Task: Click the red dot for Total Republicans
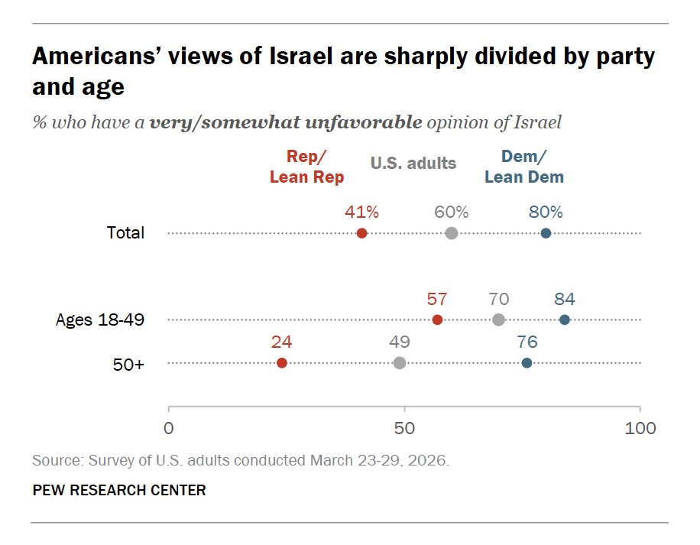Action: pos(361,233)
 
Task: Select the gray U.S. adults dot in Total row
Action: pos(452,233)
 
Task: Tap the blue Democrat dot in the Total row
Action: pos(546,233)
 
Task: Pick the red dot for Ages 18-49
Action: pos(437,320)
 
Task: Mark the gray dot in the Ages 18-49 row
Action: pos(499,320)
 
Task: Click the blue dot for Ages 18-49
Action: pos(565,320)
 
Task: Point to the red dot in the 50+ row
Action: pos(282,363)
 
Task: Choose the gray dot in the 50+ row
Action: pos(400,363)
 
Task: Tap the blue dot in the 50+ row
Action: pos(527,363)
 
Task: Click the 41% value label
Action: pos(361,212)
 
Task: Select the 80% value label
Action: pos(546,212)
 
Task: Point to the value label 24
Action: pos(282,342)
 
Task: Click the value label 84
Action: pos(565,299)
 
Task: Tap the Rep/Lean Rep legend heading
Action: pos(306,167)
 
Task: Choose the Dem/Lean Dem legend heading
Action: pos(524,167)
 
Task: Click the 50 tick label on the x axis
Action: pos(404,428)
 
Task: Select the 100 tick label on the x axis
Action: pos(640,428)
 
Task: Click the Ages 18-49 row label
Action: pos(100,320)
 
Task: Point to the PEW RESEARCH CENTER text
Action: pos(119,490)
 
